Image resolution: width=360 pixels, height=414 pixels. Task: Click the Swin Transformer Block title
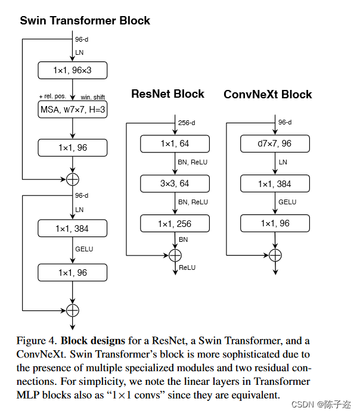tap(85, 21)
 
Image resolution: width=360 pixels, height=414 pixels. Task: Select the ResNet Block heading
tap(167, 94)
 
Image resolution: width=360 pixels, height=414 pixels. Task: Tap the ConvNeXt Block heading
tap(268, 95)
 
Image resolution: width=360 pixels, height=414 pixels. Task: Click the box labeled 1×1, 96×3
tap(72, 71)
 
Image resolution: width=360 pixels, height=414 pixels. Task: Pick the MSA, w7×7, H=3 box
tap(72, 110)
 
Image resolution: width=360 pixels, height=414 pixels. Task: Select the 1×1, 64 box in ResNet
tap(175, 144)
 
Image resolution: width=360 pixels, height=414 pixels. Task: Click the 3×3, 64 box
tap(175, 184)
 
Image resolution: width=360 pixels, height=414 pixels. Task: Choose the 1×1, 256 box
tap(175, 224)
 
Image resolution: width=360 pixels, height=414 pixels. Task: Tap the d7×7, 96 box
tap(275, 144)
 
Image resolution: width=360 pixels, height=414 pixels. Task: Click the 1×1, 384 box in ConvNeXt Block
tap(275, 184)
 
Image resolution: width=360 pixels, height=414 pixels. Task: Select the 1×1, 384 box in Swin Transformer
tap(72, 229)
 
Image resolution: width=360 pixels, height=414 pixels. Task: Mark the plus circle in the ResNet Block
tap(175, 254)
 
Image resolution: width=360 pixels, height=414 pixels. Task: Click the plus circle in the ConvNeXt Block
tap(275, 254)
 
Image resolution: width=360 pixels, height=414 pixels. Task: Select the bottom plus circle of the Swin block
tap(72, 310)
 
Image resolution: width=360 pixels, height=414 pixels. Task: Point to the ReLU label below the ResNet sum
tap(187, 267)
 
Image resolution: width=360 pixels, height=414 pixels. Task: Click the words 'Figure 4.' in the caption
tap(36, 341)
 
